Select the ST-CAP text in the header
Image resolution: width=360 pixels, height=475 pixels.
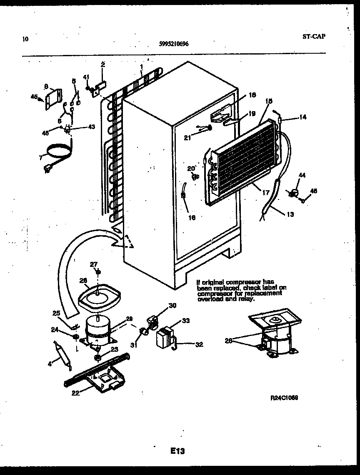pyautogui.click(x=313, y=36)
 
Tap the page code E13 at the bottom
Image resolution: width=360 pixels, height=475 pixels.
pyautogui.click(x=177, y=451)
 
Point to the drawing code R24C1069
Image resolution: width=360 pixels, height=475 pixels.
pyautogui.click(x=284, y=398)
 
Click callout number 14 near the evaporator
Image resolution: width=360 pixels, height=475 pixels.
pyautogui.click(x=302, y=117)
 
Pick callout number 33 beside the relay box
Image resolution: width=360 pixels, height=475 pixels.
pyautogui.click(x=186, y=321)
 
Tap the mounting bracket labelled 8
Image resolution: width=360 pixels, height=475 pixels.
pyautogui.click(x=53, y=99)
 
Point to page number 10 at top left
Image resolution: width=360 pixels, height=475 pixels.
pyautogui.click(x=26, y=40)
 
